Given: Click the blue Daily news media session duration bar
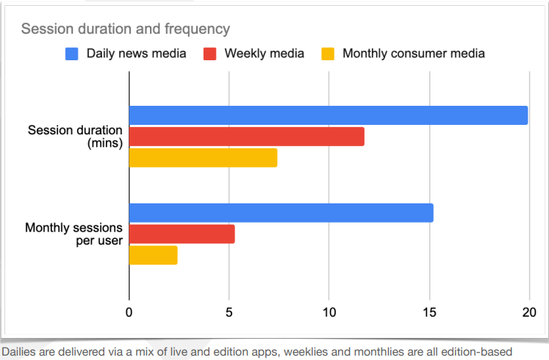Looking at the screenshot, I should coord(329,115).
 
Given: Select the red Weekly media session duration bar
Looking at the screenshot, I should coord(246,137).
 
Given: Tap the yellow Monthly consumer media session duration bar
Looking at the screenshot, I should coord(203,158).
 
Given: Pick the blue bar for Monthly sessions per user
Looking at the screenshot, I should coord(281,213).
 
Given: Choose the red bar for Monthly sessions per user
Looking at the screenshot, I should coord(182,234).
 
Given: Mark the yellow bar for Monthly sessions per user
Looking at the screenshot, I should coord(153,255).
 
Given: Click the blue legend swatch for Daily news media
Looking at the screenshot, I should coord(71,53).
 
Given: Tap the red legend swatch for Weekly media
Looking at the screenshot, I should coord(209,53).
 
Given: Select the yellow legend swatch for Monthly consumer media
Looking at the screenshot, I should coord(327,53).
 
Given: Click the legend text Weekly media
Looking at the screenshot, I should coord(264,53).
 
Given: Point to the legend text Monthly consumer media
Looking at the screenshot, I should coord(413,53).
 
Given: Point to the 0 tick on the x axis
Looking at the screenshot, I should coord(129,312).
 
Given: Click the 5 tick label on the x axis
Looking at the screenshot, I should coord(229,312).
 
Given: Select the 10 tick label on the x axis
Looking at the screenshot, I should coord(329,312).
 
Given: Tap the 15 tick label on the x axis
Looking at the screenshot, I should coord(428,312).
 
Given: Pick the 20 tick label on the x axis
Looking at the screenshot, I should coord(528,312).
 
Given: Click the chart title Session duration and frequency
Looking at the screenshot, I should coord(125,29).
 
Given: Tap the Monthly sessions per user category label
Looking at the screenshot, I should coord(73,234).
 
